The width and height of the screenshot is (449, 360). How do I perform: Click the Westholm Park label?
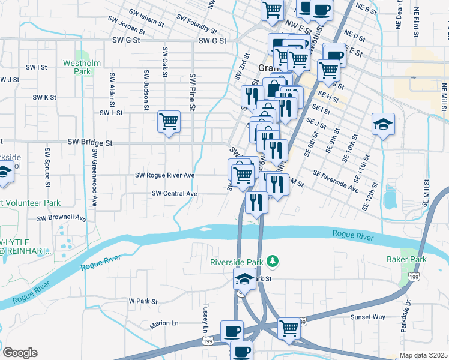click(77, 67)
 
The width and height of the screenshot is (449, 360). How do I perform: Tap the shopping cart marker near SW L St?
click(169, 122)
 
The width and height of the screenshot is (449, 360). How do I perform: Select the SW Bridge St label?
click(90, 143)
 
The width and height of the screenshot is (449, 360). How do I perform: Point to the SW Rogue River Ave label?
click(165, 175)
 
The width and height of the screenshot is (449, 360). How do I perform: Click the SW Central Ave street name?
click(175, 193)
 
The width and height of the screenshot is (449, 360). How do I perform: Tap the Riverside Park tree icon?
click(273, 260)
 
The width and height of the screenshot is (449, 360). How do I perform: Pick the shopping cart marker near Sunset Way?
click(289, 329)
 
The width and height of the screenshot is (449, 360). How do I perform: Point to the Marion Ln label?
click(164, 323)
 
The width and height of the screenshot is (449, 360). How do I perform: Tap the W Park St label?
click(143, 301)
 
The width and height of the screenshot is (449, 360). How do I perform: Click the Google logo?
click(20, 353)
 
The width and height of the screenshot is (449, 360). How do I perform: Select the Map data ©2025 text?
click(423, 355)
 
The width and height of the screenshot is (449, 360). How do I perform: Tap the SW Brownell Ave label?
click(62, 219)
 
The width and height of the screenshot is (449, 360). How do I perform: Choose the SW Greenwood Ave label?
click(95, 179)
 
